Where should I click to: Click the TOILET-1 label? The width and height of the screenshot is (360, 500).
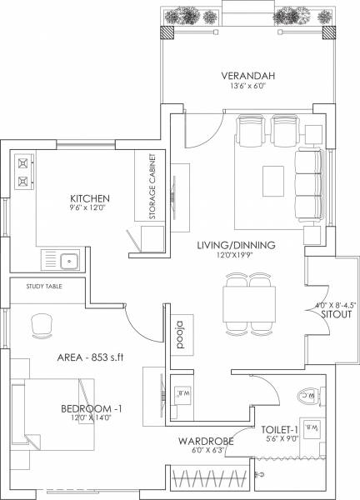coord(278,422)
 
